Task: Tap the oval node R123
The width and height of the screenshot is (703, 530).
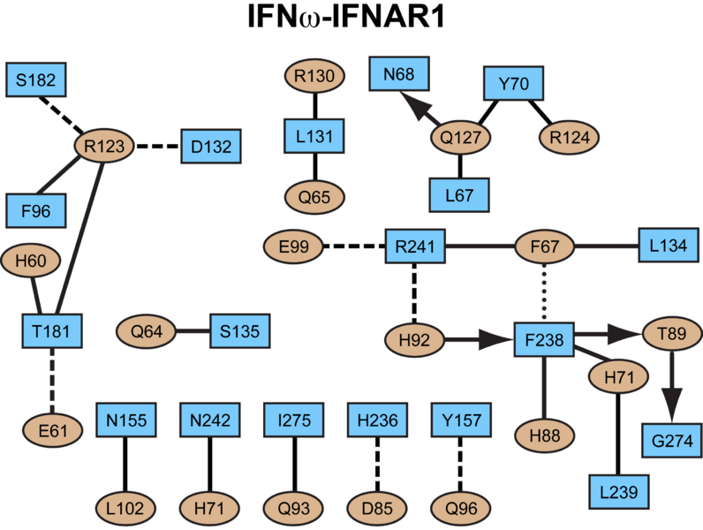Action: tap(103, 143)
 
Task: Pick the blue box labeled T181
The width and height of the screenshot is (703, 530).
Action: tap(52, 331)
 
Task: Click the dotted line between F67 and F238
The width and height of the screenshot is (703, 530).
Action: tap(545, 289)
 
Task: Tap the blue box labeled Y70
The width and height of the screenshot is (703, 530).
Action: tap(512, 86)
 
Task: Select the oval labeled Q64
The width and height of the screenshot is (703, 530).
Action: tap(146, 332)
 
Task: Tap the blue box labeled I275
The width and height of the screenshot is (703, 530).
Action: tap(293, 420)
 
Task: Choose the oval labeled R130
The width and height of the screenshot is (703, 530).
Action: tap(314, 78)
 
